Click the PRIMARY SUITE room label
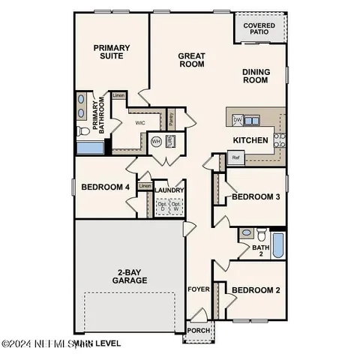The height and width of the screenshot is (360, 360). pyautogui.click(x=111, y=52)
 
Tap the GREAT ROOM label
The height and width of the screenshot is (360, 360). pyautogui.click(x=192, y=60)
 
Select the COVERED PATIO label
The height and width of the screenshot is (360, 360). pyautogui.click(x=259, y=30)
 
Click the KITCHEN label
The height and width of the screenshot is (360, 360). pyautogui.click(x=250, y=140)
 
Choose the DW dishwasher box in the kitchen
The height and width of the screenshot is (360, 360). pyautogui.click(x=237, y=119)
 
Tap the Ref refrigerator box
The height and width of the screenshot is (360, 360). pyautogui.click(x=235, y=157)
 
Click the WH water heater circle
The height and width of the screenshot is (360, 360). pyautogui.click(x=157, y=141)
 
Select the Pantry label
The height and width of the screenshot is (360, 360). pyautogui.click(x=171, y=118)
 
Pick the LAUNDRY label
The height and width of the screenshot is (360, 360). pyautogui.click(x=170, y=190)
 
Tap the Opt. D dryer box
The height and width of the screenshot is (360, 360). pyautogui.click(x=162, y=205)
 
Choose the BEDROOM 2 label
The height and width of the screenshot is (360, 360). pyautogui.click(x=255, y=290)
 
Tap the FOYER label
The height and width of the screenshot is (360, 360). pyautogui.click(x=197, y=286)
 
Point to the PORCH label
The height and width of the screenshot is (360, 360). pyautogui.click(x=199, y=330)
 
